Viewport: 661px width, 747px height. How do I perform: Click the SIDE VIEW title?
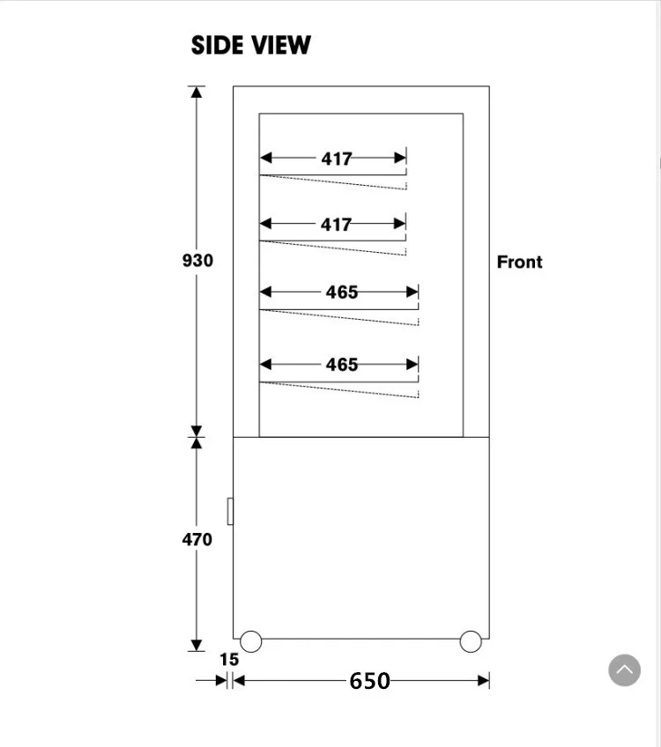tap(250, 46)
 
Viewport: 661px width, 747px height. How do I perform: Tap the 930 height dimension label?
tap(197, 261)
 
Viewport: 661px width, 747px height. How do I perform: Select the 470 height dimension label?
tap(197, 539)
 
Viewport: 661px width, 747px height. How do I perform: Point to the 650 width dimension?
tap(369, 681)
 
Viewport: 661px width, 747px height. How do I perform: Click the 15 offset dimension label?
tap(229, 660)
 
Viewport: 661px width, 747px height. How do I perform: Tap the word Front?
tap(519, 262)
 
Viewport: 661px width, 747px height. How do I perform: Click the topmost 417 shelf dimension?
tap(337, 159)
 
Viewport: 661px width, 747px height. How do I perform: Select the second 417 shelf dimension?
tap(337, 225)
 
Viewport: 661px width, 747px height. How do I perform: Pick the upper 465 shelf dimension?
tap(342, 292)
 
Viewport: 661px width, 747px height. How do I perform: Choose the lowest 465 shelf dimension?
tap(342, 364)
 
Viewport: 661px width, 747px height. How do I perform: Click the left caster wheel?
tap(251, 641)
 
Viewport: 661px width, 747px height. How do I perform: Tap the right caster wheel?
tap(471, 641)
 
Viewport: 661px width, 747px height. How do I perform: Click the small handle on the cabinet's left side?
tap(230, 511)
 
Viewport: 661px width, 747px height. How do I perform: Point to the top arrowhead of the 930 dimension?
tap(197, 92)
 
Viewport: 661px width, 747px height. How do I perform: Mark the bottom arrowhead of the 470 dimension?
tap(197, 646)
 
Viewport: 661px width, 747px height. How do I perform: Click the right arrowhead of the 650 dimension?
tap(483, 680)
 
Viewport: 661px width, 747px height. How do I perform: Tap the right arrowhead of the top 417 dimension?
tap(400, 159)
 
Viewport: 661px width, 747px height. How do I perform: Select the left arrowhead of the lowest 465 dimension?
tap(265, 364)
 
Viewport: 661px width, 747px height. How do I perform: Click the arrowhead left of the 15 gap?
tap(221, 680)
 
